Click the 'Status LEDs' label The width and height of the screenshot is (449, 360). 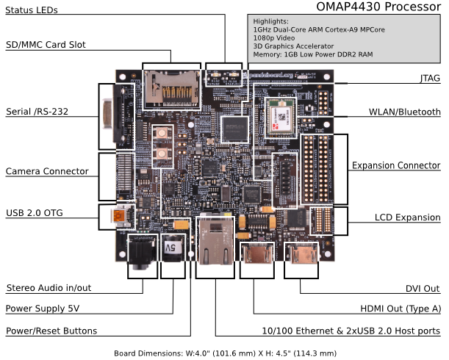(x=32, y=10)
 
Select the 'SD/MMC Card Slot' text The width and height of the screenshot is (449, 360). (x=46, y=45)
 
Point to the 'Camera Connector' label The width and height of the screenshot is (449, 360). (x=47, y=171)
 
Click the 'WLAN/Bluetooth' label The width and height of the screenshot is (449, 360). (x=404, y=112)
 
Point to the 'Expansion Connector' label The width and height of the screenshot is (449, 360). (x=395, y=165)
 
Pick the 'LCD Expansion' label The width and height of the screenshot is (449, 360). (x=406, y=218)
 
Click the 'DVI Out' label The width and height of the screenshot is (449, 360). (x=423, y=289)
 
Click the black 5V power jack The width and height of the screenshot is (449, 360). (x=173, y=251)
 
